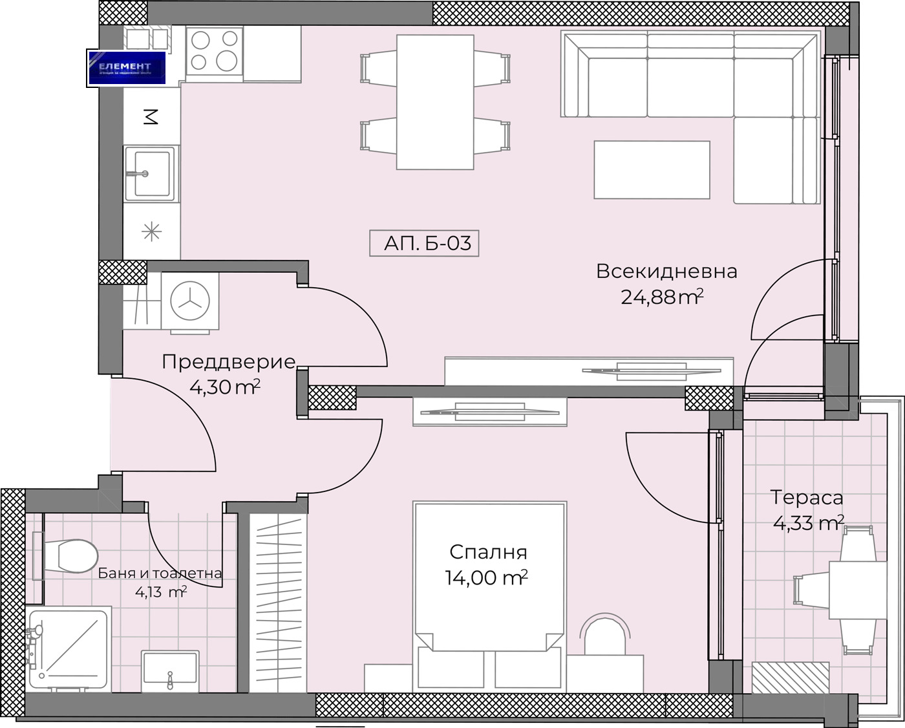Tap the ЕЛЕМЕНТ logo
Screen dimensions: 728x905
[x=127, y=68]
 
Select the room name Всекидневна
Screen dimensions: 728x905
[x=666, y=272]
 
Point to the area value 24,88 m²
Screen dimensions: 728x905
[x=661, y=297]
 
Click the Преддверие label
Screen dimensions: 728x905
[x=228, y=361]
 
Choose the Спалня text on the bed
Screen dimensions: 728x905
[x=488, y=552]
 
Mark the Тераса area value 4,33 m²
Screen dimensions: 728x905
[x=808, y=522]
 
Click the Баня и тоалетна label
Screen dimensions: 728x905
[x=160, y=573]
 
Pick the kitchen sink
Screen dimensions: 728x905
[x=151, y=173]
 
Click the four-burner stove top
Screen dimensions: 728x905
[x=214, y=51]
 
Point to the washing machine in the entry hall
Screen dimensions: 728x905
[x=190, y=301]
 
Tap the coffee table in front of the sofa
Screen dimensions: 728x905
[x=652, y=170]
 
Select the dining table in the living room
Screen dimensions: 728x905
[x=435, y=102]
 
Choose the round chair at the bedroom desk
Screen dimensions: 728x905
[x=604, y=636]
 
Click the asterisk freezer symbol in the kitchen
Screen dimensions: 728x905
[x=151, y=231]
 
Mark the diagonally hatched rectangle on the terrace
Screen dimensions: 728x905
[x=791, y=678]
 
